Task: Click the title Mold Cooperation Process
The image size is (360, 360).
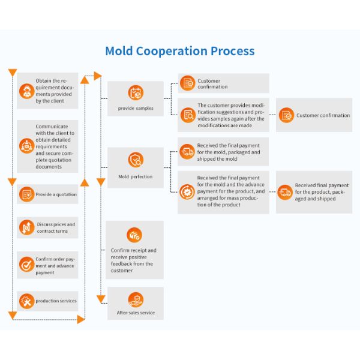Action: pyautogui.click(x=179, y=51)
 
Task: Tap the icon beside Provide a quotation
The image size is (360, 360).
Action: pyautogui.click(x=26, y=194)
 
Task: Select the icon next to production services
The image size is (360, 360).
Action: pyautogui.click(x=26, y=301)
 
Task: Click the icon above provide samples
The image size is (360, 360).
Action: pyautogui.click(x=136, y=93)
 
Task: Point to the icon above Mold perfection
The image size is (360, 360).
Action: pyautogui.click(x=136, y=160)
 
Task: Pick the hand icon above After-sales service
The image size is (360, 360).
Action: pyautogui.click(x=136, y=299)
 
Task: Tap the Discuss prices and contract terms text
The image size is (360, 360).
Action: pyautogui.click(x=56, y=227)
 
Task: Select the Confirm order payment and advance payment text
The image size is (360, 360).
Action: pyautogui.click(x=56, y=266)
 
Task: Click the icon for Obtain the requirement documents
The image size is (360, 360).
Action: pyautogui.click(x=26, y=91)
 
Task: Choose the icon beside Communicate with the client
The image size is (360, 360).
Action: pyautogui.click(x=26, y=146)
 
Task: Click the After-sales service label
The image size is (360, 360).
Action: pyautogui.click(x=136, y=313)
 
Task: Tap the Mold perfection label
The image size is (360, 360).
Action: pyautogui.click(x=136, y=177)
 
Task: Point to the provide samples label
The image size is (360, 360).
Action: pyautogui.click(x=136, y=109)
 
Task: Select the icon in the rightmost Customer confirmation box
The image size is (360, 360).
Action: pyautogui.click(x=286, y=115)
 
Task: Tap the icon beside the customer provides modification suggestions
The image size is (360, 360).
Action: pyautogui.click(x=187, y=115)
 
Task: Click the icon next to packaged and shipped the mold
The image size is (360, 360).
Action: pyautogui.click(x=187, y=152)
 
